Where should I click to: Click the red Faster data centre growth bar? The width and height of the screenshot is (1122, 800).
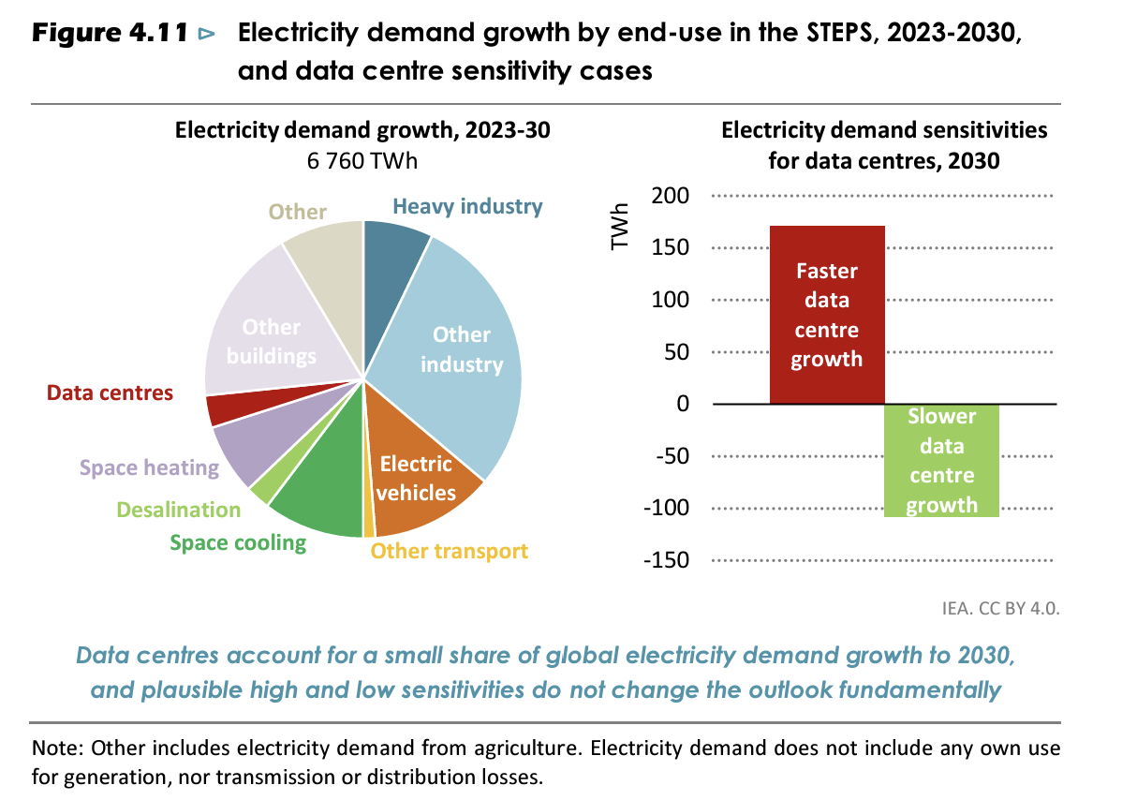point(826,315)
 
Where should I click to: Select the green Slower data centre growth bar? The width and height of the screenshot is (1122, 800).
point(941,460)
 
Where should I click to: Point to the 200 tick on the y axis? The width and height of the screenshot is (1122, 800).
point(672,196)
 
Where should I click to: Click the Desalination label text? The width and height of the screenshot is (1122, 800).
point(178,510)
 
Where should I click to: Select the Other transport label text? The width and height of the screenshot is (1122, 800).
point(450,551)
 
